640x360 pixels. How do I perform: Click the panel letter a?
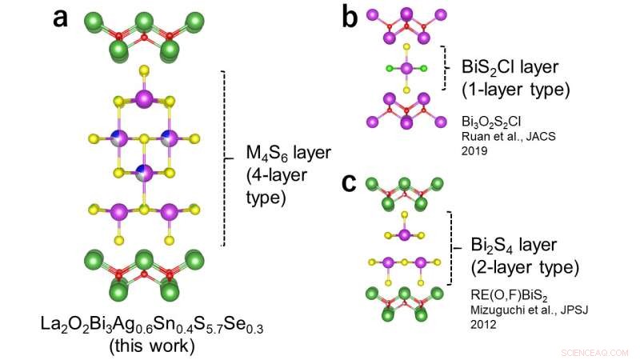tap(60, 18)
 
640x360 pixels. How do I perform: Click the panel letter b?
tap(350, 17)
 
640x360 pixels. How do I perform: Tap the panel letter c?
tap(349, 183)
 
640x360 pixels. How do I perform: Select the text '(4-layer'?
tap(276, 175)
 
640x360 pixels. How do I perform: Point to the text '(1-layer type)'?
tap(515, 90)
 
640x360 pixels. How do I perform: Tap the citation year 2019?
tap(474, 150)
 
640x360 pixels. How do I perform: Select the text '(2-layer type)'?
tap(525, 267)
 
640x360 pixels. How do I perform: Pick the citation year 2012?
tap(484, 324)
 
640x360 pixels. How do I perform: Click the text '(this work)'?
tap(152, 346)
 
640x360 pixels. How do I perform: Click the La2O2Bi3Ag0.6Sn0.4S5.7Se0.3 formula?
tap(152, 325)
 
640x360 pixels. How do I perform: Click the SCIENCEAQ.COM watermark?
tap(594, 353)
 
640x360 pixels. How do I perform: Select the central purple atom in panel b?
tap(406, 68)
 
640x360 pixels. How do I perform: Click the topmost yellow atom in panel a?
tap(144, 70)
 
